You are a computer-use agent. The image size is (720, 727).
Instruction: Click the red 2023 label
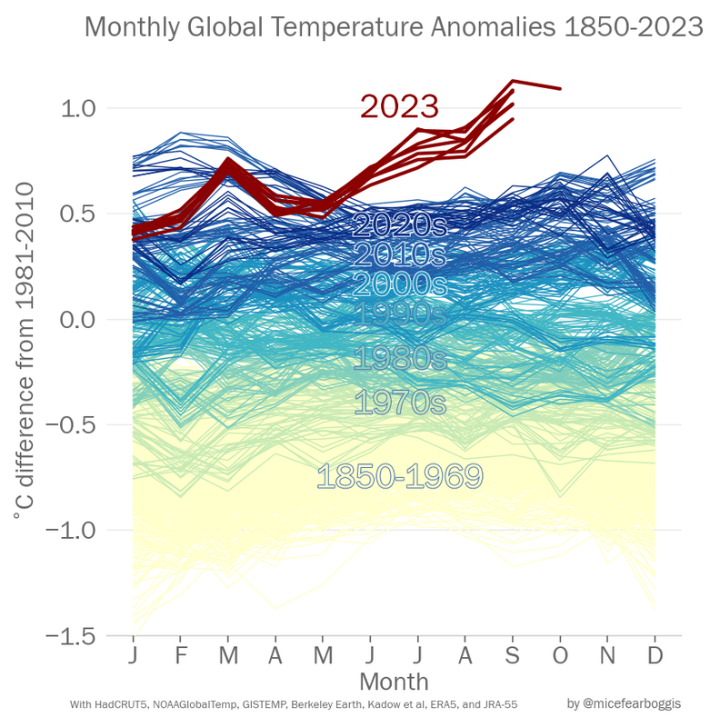click(399, 106)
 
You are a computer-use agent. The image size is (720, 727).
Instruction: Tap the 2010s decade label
click(399, 254)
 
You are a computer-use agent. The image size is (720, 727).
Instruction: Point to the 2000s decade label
click(399, 284)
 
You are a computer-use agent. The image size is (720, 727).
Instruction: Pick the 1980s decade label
click(399, 357)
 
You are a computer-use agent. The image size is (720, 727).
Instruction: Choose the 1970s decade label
click(399, 402)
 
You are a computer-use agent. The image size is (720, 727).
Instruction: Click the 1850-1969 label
click(399, 476)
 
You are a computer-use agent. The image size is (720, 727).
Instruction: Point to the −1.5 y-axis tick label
click(75, 635)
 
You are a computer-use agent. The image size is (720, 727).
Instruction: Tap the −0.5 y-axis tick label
click(75, 424)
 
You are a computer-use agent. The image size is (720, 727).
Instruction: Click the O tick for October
click(560, 656)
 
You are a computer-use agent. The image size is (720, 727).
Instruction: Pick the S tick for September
click(513, 656)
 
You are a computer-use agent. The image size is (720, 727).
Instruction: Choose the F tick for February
click(181, 656)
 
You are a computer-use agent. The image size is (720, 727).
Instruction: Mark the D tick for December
click(655, 656)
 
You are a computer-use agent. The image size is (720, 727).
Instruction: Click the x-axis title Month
click(394, 681)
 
